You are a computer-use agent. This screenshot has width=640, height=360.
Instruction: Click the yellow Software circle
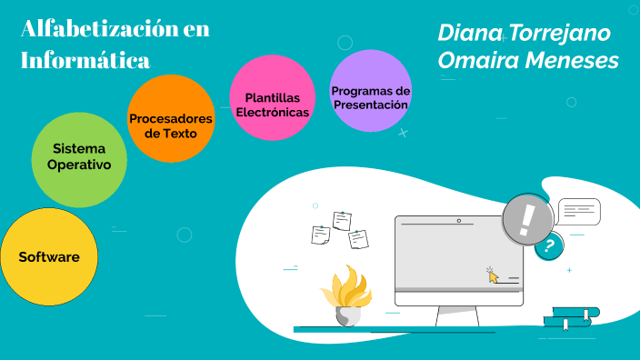[48, 257]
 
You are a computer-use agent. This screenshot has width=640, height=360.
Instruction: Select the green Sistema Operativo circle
[78, 157]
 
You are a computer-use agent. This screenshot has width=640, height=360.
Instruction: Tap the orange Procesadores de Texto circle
[170, 119]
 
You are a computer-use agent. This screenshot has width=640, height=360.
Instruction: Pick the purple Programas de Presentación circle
[371, 92]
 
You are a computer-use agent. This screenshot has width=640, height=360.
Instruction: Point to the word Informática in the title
[85, 61]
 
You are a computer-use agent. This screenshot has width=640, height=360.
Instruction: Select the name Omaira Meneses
[527, 60]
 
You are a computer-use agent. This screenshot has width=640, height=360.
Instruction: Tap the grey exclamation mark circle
[527, 218]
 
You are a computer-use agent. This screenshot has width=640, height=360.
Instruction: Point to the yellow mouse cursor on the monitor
[493, 275]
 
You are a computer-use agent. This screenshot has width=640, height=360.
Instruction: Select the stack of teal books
[570, 315]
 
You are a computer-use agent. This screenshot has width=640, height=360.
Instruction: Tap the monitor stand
[457, 315]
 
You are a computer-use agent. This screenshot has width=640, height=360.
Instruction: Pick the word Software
[49, 257]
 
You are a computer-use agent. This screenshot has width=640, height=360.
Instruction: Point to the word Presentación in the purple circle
[370, 105]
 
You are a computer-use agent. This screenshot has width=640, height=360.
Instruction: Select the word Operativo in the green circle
[79, 165]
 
